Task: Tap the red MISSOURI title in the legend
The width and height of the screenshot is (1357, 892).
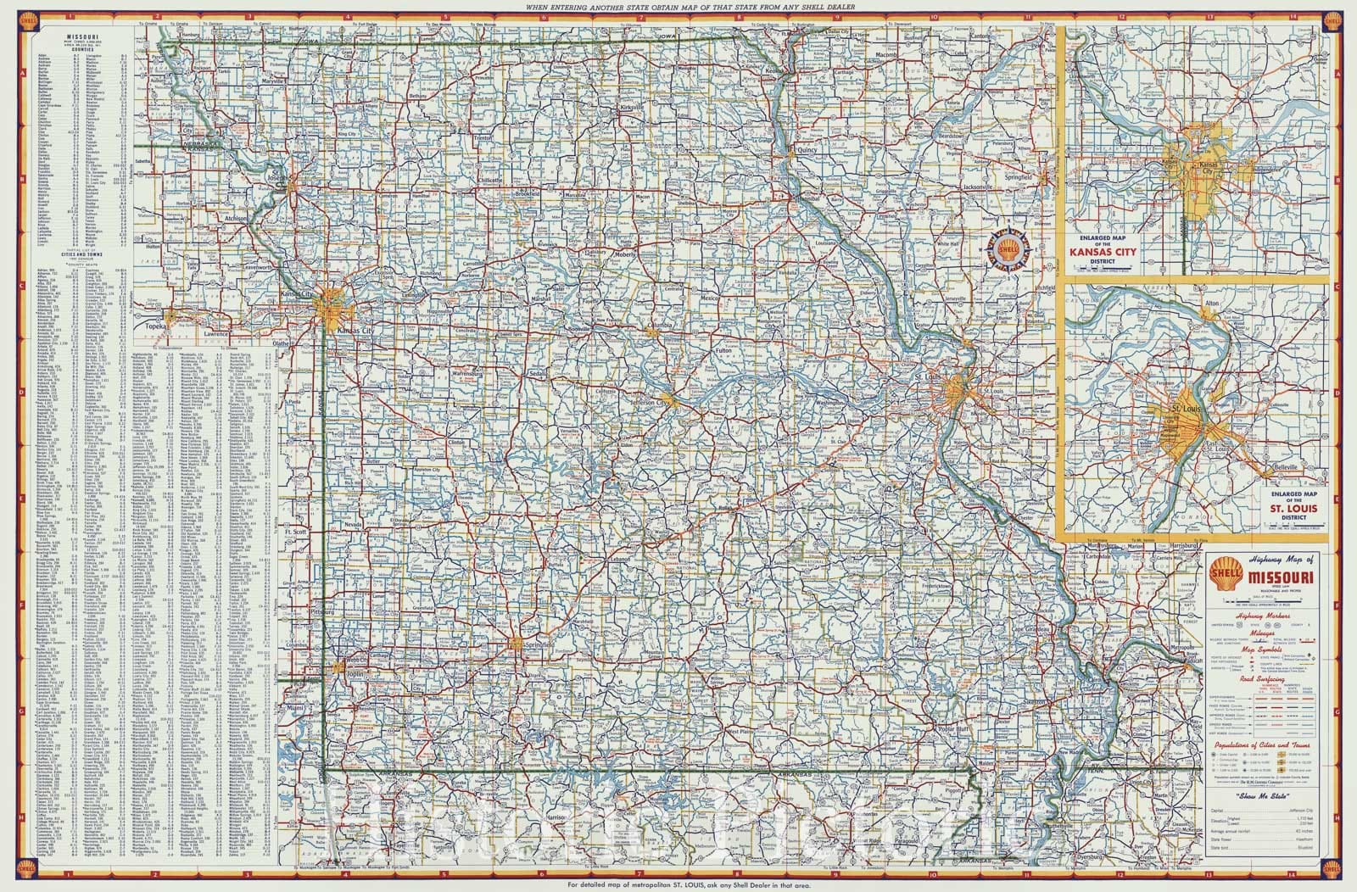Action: tap(1279, 578)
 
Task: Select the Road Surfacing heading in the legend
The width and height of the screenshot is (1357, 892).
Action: tap(1261, 679)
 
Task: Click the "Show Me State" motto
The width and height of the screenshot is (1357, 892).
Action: tap(1261, 797)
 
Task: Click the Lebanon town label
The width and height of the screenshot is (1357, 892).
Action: tap(616, 561)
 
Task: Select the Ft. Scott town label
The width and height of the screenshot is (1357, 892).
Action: tap(296, 532)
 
